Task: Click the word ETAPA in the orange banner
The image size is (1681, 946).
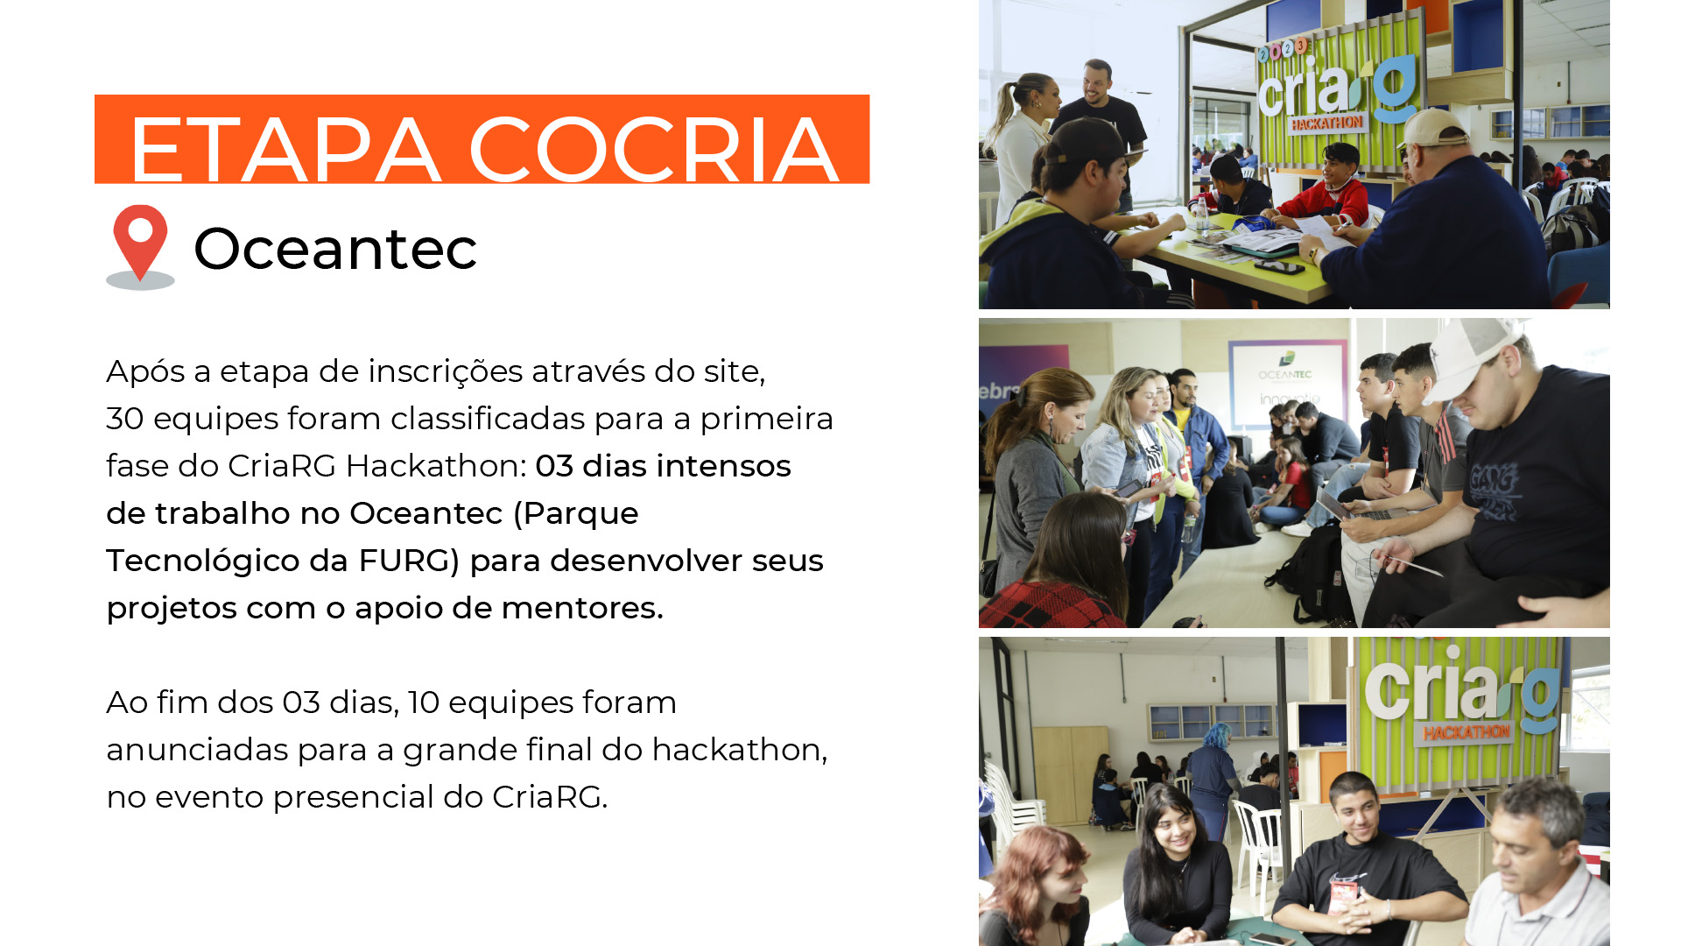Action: pyautogui.click(x=285, y=150)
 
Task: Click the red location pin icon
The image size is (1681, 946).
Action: pyautogui.click(x=140, y=246)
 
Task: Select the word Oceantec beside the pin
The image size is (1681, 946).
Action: pyautogui.click(x=335, y=248)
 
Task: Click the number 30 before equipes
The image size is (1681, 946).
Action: pyautogui.click(x=124, y=419)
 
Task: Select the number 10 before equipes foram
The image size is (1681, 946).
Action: pyautogui.click(x=424, y=702)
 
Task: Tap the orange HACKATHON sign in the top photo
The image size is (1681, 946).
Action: pyautogui.click(x=1326, y=124)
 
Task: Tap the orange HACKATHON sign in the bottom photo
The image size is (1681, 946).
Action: pyautogui.click(x=1466, y=732)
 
